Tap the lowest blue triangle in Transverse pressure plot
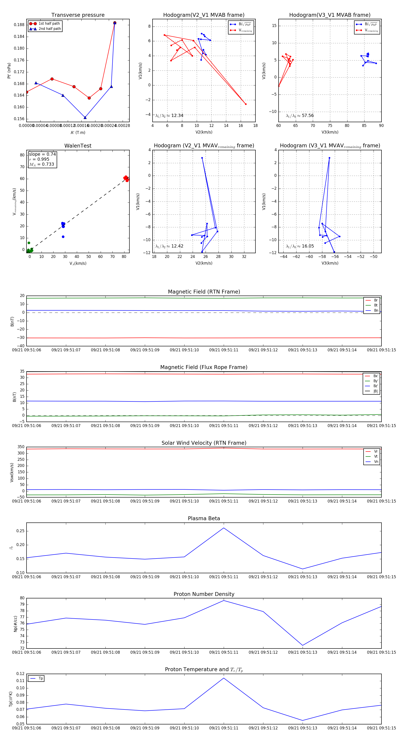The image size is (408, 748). click(x=85, y=118)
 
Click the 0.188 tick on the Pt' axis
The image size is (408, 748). click(x=19, y=25)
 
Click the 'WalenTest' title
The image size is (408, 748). click(x=78, y=146)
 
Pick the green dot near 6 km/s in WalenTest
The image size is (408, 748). click(x=29, y=243)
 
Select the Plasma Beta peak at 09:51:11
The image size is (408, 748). click(x=223, y=528)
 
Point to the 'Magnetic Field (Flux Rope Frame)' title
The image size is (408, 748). click(x=204, y=367)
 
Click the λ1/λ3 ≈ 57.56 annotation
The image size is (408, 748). click(x=300, y=116)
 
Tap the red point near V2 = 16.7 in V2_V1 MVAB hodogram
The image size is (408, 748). click(x=246, y=104)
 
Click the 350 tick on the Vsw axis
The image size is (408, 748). click(x=21, y=447)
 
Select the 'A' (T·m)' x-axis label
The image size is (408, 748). click(x=78, y=132)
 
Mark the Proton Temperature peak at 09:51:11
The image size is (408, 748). click(x=223, y=678)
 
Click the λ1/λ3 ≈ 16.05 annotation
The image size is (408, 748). click(x=300, y=246)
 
